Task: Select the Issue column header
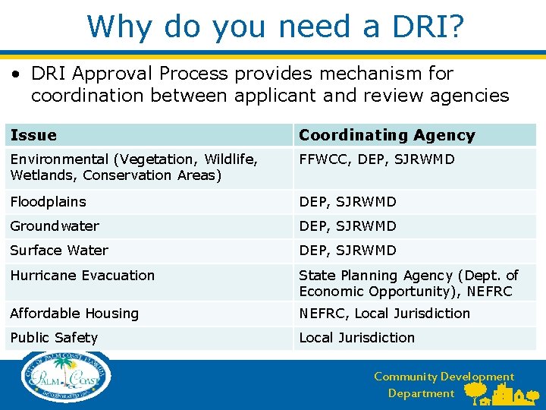[x=34, y=135]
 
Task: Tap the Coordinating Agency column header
[x=387, y=135]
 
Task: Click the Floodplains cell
[x=49, y=202]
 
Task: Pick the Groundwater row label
[x=55, y=226]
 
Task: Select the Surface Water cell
[x=59, y=251]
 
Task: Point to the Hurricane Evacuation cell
[x=83, y=276]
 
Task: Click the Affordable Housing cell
[x=74, y=314]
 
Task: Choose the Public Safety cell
[x=54, y=338]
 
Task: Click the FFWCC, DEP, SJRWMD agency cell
[x=377, y=159]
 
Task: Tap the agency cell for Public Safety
[x=356, y=338]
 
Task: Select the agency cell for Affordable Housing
[x=384, y=314]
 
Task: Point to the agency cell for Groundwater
[x=347, y=226]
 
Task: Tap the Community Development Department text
[x=444, y=385]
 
